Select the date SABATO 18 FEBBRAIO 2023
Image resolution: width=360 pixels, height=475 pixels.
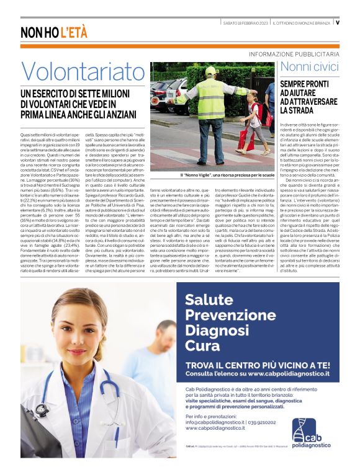pyautogui.click(x=245, y=22)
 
